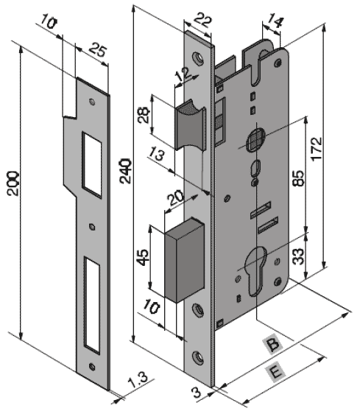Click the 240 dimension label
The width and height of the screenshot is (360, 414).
(x=125, y=171)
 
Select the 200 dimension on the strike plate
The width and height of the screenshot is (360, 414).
(x=13, y=183)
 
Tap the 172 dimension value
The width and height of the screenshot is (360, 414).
(x=317, y=149)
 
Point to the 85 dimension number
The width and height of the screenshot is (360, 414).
(x=299, y=178)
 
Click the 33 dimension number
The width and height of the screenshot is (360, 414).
(x=299, y=256)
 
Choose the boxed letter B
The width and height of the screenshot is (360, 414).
(x=272, y=345)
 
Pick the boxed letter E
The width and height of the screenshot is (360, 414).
(x=276, y=373)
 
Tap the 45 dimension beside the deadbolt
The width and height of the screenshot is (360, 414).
(x=143, y=257)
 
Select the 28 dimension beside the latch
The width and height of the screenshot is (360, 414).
(x=144, y=115)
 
